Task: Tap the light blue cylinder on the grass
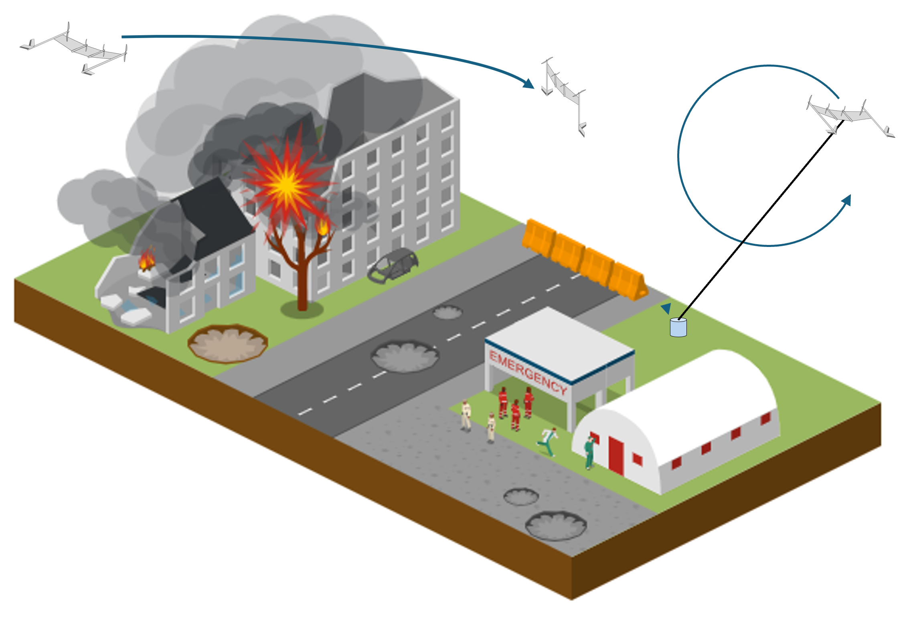point(678,327)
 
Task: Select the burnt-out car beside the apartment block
point(393,265)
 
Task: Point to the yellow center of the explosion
point(286,185)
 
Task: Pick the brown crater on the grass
point(228,344)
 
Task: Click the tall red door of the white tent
point(616,456)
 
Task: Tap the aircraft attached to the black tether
point(850,117)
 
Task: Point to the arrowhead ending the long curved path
point(529,83)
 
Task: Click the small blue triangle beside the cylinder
point(666,308)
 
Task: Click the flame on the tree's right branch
point(322,227)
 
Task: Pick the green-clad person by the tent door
point(589,453)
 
